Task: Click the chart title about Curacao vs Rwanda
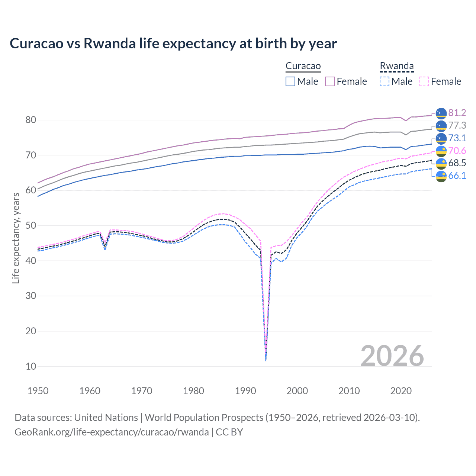tap(173, 44)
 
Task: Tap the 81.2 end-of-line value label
tap(457, 113)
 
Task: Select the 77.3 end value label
tap(457, 125)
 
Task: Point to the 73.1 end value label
tap(457, 138)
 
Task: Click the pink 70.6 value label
tap(457, 151)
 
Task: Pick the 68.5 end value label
tap(457, 163)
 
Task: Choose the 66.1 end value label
tap(457, 176)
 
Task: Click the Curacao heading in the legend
tap(303, 66)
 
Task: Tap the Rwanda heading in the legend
tap(396, 66)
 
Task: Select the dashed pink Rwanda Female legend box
tap(424, 81)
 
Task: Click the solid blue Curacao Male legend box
tap(290, 81)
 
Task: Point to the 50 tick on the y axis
tap(31, 225)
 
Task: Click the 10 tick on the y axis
tap(31, 366)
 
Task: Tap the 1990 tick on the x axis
tap(245, 391)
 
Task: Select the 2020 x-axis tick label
tap(401, 391)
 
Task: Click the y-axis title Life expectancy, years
tap(16, 238)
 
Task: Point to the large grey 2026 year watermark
tap(392, 356)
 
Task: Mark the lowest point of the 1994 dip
tap(266, 360)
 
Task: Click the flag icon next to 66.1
tap(441, 176)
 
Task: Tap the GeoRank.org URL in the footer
tap(112, 432)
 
